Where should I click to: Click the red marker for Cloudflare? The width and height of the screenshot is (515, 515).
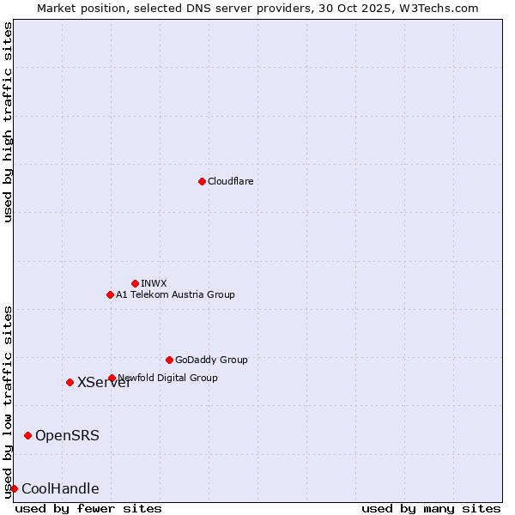tap(202, 181)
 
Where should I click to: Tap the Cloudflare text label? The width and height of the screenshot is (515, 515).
tap(230, 181)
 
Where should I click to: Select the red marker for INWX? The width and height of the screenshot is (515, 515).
tap(135, 283)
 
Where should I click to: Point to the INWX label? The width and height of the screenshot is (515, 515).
tap(154, 283)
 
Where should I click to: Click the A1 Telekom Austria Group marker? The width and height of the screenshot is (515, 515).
tap(110, 294)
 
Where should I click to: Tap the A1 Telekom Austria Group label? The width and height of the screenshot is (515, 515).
tap(175, 294)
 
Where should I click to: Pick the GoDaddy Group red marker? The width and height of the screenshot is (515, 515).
tap(169, 360)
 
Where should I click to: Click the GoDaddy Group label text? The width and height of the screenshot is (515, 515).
tap(211, 360)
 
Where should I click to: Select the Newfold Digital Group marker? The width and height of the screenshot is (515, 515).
tap(112, 378)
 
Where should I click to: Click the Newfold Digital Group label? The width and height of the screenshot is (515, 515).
tap(168, 378)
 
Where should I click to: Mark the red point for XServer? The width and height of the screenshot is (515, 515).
tap(70, 382)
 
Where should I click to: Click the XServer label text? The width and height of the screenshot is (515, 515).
tap(104, 383)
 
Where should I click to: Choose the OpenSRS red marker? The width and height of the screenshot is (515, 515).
tap(27, 436)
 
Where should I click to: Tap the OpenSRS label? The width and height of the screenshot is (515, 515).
tap(67, 436)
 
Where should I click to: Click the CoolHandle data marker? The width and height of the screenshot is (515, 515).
tap(14, 488)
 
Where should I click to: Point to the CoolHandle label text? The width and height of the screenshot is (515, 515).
tap(60, 489)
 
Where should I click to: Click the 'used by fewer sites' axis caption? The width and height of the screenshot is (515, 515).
tap(88, 508)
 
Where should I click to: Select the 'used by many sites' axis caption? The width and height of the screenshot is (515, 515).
tap(431, 508)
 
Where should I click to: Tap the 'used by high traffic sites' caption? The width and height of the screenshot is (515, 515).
tap(9, 122)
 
